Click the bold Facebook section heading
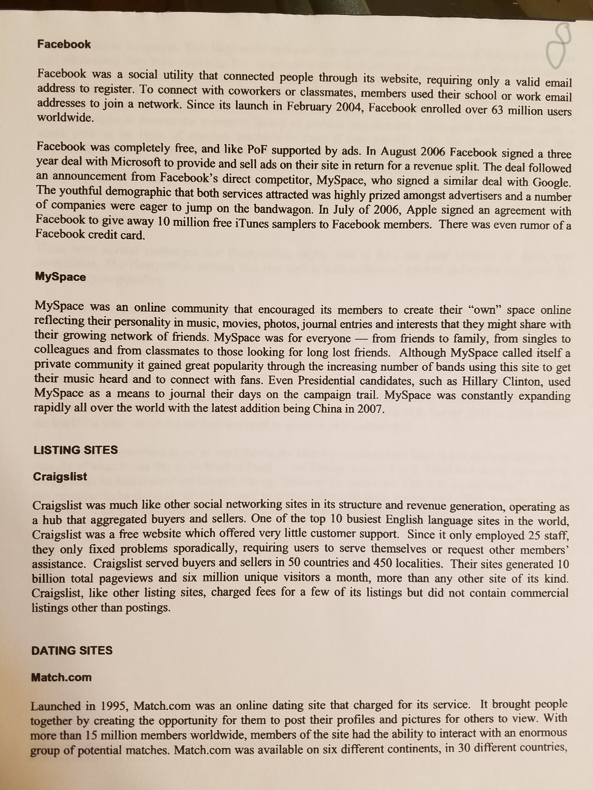point(64,44)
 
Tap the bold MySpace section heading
point(60,277)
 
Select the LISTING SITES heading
point(75,450)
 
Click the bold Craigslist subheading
point(60,477)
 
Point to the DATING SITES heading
point(72,650)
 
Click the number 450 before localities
point(383,563)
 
